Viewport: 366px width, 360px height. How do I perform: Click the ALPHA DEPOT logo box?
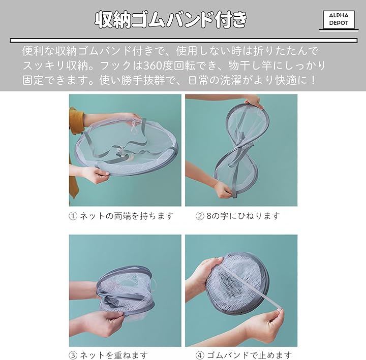(x=339, y=20)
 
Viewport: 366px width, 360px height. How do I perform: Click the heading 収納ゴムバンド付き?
(x=171, y=20)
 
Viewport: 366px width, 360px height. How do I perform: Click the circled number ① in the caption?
(x=73, y=216)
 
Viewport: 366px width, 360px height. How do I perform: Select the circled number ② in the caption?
(x=200, y=216)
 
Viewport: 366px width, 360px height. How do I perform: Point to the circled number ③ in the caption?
(x=73, y=355)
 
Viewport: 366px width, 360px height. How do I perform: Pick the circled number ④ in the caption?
(x=200, y=355)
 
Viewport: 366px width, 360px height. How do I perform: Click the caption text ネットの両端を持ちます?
(x=127, y=216)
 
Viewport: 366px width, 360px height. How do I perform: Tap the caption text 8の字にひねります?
(x=243, y=216)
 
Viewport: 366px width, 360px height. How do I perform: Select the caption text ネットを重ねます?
(x=114, y=355)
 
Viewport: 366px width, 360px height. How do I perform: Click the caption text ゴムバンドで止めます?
(x=250, y=355)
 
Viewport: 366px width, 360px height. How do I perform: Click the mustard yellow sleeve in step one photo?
(x=76, y=121)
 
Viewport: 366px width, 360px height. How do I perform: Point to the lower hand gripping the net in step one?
(x=96, y=174)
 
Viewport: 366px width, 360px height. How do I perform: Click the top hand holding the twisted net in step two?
(x=253, y=102)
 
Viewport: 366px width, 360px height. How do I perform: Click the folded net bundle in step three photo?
(x=126, y=291)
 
